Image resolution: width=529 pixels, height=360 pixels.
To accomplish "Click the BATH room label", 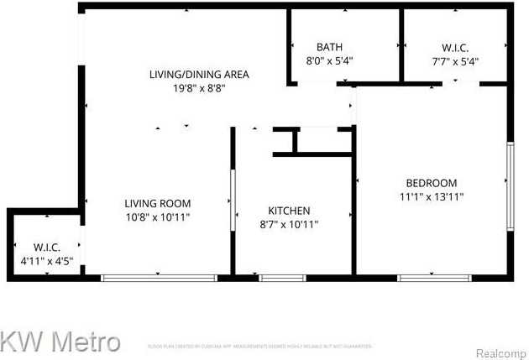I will [329, 46].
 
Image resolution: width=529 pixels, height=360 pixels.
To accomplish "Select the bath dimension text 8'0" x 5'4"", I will [329, 60].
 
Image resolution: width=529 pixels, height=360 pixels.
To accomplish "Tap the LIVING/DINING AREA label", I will [199, 74].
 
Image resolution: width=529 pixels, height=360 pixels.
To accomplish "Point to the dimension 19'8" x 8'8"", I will [199, 87].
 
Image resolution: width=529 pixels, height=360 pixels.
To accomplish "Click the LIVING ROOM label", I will [157, 203].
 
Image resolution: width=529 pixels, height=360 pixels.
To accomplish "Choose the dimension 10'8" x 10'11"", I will [157, 217].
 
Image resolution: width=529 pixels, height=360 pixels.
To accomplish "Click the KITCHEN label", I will [289, 211].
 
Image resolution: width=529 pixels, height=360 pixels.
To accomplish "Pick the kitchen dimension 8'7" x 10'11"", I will [289, 224].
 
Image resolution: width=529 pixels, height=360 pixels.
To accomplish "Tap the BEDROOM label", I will [432, 183].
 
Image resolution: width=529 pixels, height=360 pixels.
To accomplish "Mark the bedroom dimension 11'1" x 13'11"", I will [432, 197].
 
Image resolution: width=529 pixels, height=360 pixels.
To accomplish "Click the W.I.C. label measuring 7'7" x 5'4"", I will [455, 47].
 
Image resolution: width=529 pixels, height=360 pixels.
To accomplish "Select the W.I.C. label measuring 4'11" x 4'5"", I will [46, 247].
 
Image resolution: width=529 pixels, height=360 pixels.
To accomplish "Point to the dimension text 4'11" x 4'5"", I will [46, 261].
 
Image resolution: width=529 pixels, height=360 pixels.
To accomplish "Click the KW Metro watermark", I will [60, 342].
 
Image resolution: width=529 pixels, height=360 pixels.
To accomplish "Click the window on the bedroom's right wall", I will [509, 186].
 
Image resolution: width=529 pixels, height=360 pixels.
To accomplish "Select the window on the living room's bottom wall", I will [159, 278].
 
